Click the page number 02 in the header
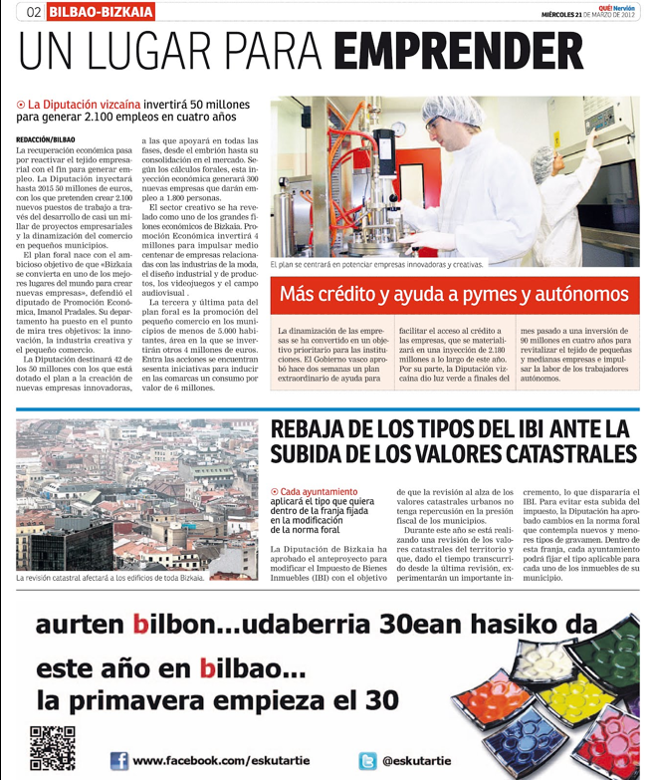[x=33, y=12]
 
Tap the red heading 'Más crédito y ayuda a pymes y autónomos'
[x=454, y=294]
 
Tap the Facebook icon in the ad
[x=118, y=761]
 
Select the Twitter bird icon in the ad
[x=366, y=761]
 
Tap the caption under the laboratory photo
[x=376, y=265]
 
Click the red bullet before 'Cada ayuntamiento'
[x=275, y=491]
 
